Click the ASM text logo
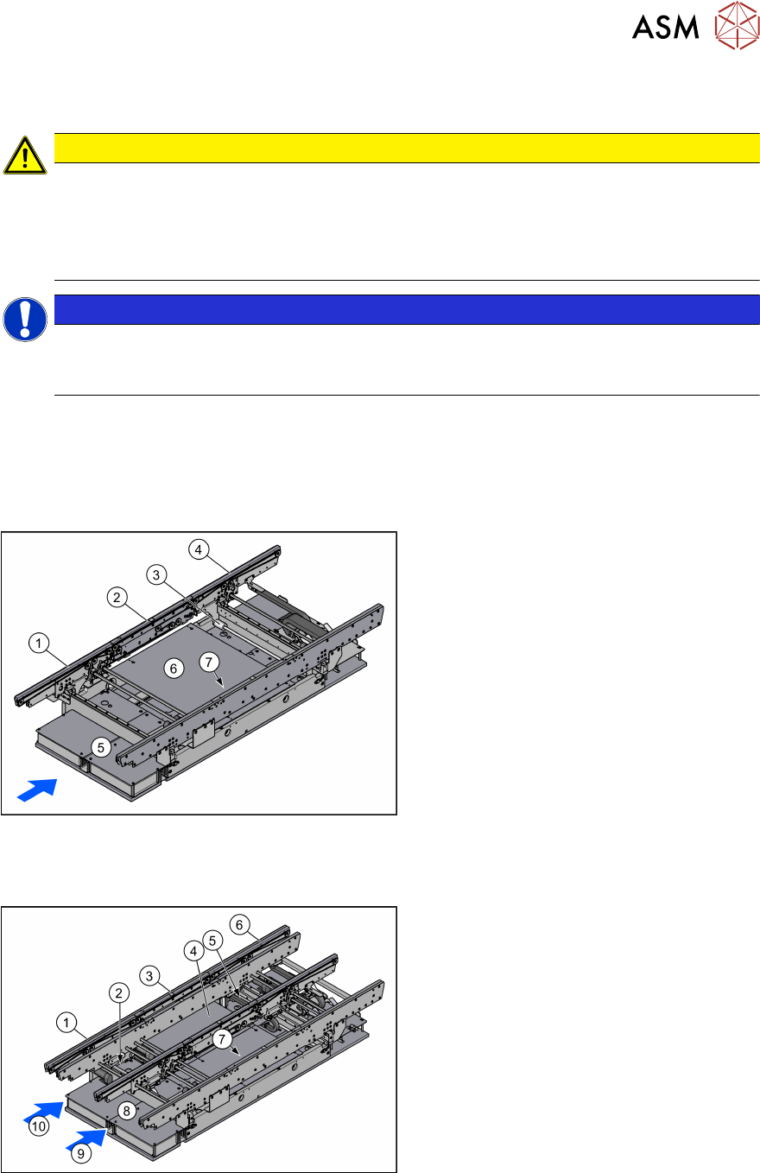point(665,27)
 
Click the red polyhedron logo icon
point(737,25)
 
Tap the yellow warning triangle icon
point(24,155)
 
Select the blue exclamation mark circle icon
point(24,320)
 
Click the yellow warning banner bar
point(407,149)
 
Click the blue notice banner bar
point(407,309)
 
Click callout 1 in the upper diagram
point(39,643)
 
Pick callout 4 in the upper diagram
point(199,550)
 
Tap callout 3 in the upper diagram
point(156,575)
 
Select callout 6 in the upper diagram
point(174,669)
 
